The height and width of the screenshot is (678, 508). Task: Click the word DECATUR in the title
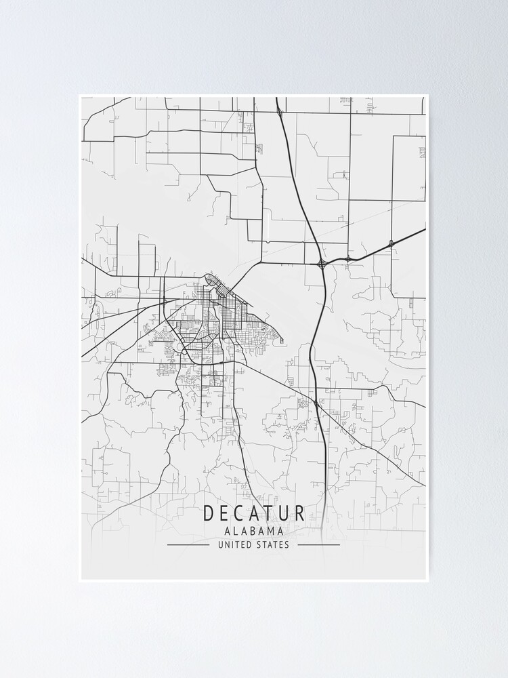coord(253,513)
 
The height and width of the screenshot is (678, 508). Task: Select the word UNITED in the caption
coord(233,544)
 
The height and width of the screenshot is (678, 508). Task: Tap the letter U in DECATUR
coord(284,513)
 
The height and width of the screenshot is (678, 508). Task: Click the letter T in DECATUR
coord(270,513)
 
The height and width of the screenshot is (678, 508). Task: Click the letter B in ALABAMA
coord(250,532)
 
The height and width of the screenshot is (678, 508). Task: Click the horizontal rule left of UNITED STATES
coord(188,544)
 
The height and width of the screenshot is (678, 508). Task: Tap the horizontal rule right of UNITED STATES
coord(318,544)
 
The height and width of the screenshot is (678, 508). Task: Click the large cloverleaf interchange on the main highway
coord(322,262)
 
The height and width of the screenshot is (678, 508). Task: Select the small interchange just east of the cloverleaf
coord(347,258)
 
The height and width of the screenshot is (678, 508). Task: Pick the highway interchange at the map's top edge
coord(279,110)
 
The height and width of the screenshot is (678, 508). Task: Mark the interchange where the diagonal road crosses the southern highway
coord(316,403)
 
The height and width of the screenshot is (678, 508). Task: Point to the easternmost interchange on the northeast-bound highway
coord(391,242)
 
